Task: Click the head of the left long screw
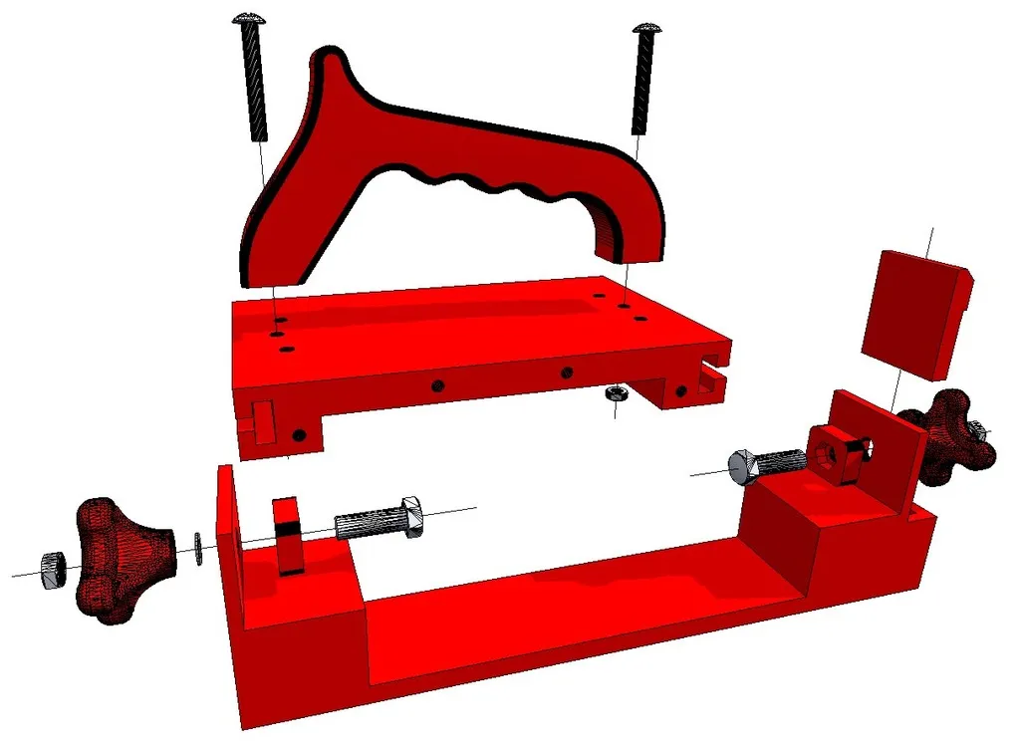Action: click(248, 18)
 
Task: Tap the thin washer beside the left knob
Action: click(198, 547)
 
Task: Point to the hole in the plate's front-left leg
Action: click(299, 435)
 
